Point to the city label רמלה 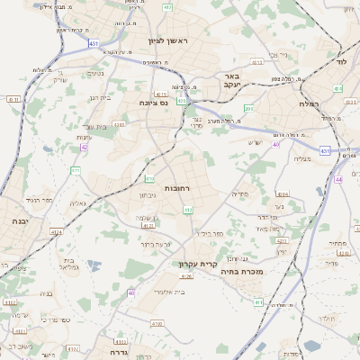[331, 104]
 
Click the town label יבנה [19, 220]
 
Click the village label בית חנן [100, 98]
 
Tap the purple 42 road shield [85, 147]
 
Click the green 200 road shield [249, 109]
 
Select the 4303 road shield [120, 125]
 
